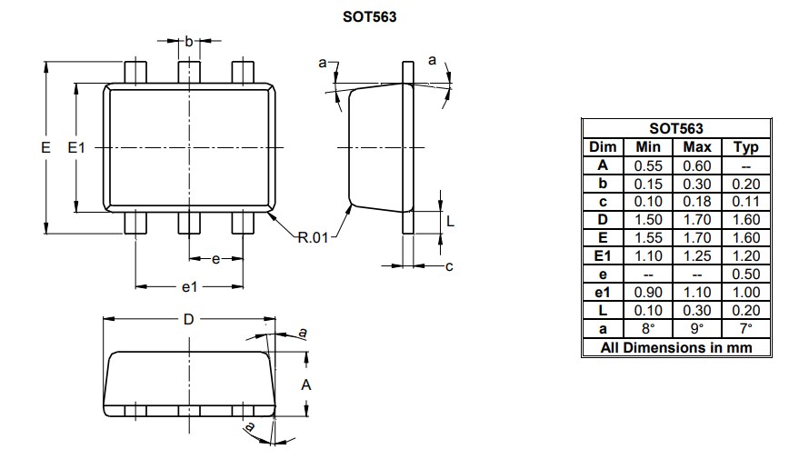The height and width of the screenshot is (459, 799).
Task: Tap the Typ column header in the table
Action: coord(744,147)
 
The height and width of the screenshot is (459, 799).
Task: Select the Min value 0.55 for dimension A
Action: coord(648,165)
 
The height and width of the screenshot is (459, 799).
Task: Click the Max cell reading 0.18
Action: coord(696,202)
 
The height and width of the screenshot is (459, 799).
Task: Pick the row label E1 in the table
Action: coord(603,256)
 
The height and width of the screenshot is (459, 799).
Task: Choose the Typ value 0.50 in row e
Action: coord(744,274)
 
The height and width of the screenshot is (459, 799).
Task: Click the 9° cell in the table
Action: coord(696,329)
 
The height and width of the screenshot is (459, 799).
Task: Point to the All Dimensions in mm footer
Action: coord(675,347)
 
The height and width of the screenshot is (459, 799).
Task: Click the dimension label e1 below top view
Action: coord(188,287)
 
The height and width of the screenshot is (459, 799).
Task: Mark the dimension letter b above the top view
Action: coord(188,41)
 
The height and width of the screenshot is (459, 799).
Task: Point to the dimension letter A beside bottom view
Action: coord(306,385)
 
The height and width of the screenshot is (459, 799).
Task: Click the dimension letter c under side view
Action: coord(448,266)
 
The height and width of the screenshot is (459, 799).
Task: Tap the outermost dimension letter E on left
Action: coord(45,147)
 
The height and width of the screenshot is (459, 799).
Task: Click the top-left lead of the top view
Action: coord(135,72)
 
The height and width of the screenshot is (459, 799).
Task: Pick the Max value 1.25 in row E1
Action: coord(696,256)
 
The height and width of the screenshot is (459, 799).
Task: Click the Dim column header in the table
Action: coord(603,147)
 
